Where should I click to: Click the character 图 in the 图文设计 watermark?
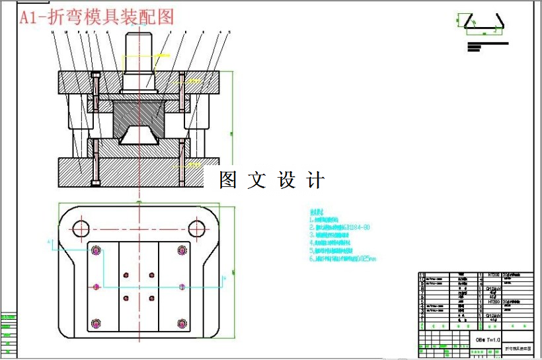228,180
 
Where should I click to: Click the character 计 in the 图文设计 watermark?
316,180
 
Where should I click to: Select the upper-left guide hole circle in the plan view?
81,229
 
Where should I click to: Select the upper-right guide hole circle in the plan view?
196,229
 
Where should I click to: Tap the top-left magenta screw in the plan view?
97,250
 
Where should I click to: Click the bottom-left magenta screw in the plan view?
97,323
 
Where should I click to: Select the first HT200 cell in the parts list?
494,274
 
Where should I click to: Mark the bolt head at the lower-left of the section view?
97,182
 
